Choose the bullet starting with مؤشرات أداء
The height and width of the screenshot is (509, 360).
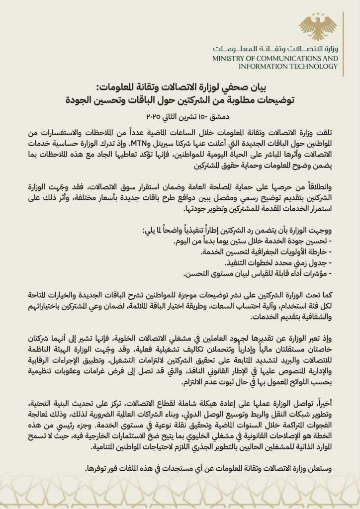click(x=259, y=274)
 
